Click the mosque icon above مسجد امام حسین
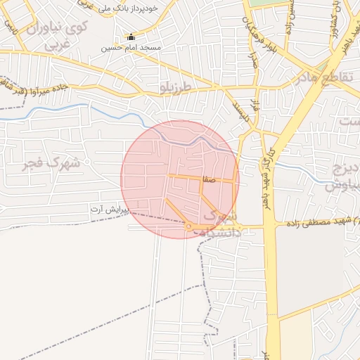[130, 37]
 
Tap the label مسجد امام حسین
[131, 48]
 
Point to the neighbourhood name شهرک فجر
[52, 165]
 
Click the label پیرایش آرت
[110, 210]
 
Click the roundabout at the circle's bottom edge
[188, 226]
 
